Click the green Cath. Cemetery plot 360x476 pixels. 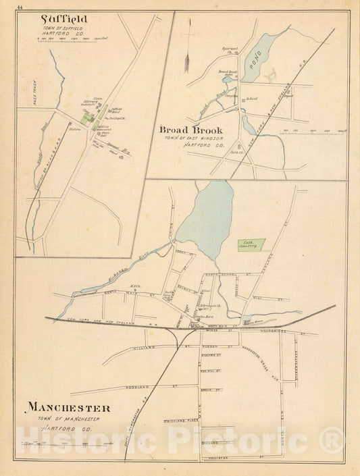[x=251, y=247]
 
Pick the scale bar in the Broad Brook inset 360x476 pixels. [x=308, y=130]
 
